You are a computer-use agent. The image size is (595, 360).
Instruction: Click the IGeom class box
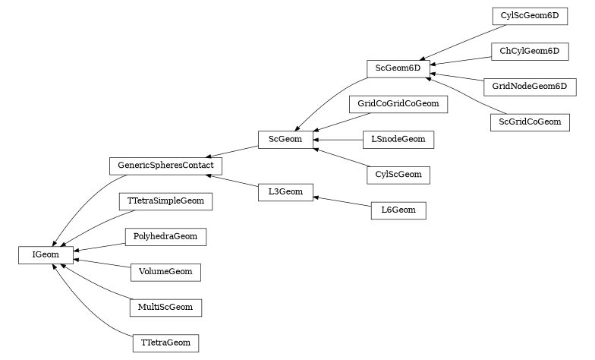coord(46,254)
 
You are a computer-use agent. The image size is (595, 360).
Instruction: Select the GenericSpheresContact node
coord(165,165)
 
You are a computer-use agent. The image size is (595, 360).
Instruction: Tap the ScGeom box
coord(285,139)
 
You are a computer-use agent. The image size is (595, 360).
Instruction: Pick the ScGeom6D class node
coord(398,68)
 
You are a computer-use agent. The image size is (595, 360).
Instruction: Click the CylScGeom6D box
coord(529,16)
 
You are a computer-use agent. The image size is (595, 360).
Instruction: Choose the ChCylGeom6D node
coord(529,51)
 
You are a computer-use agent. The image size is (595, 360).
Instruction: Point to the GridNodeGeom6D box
coord(529,86)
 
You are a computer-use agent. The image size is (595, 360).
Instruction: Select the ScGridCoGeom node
coord(529,122)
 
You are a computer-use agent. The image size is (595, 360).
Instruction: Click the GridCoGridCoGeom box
coord(398,103)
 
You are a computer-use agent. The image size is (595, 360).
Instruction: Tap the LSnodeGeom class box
coord(398,139)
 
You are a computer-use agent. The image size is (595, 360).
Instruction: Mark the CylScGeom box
coord(398,175)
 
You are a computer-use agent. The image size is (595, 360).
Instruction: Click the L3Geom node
coord(285,192)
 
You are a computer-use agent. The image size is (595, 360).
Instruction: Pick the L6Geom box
coord(398,210)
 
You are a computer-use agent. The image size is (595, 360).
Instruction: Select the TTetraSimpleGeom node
coord(165,201)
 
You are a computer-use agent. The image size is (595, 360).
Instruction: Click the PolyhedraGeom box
coord(165,236)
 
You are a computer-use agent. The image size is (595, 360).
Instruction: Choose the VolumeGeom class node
coord(165,272)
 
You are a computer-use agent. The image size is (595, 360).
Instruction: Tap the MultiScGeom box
coord(165,308)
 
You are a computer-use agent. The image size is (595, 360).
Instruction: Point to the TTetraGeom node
coord(165,343)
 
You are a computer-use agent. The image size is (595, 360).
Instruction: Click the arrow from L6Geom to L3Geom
coord(342,201)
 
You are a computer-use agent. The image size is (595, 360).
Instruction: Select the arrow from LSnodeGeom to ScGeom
coord(338,140)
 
